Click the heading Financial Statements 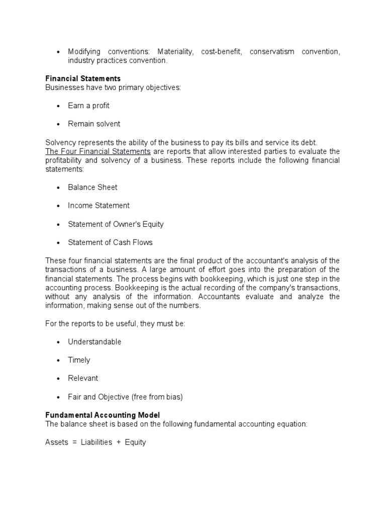point(82,78)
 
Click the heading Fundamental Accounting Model point(103,415)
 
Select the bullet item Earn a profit point(88,106)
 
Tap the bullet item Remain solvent point(94,124)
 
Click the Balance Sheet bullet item point(92,187)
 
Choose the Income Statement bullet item point(99,205)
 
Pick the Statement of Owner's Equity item point(116,224)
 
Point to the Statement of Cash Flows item point(110,242)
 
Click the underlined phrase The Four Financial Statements point(98,151)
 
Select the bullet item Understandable point(94,342)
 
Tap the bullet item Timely point(79,360)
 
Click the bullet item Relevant point(83,378)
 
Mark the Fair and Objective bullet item point(125,397)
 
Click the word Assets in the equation point(56,443)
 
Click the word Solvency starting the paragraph point(59,142)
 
